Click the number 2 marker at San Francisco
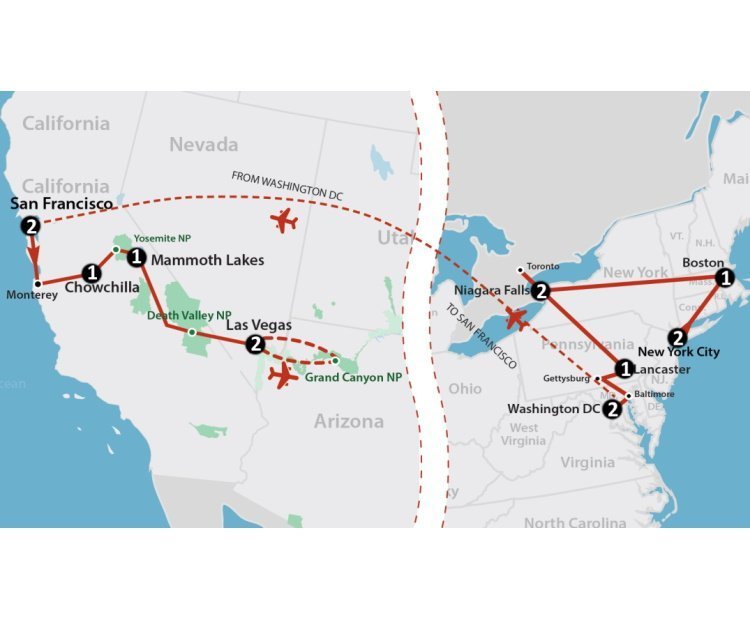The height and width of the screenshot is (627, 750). pyautogui.click(x=32, y=226)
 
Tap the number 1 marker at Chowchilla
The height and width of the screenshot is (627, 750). pyautogui.click(x=92, y=272)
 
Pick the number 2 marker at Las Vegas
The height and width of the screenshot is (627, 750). pyautogui.click(x=255, y=343)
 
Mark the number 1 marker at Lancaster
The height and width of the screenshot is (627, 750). pyautogui.click(x=625, y=369)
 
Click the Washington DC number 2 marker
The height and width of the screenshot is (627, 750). pyautogui.click(x=613, y=408)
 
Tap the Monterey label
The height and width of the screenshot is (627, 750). pyautogui.click(x=33, y=296)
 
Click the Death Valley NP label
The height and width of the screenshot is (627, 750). pyautogui.click(x=189, y=315)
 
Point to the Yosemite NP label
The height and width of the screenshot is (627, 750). pyautogui.click(x=162, y=238)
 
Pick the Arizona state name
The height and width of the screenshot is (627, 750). pyautogui.click(x=348, y=421)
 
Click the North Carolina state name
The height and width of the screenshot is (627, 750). pyautogui.click(x=575, y=522)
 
